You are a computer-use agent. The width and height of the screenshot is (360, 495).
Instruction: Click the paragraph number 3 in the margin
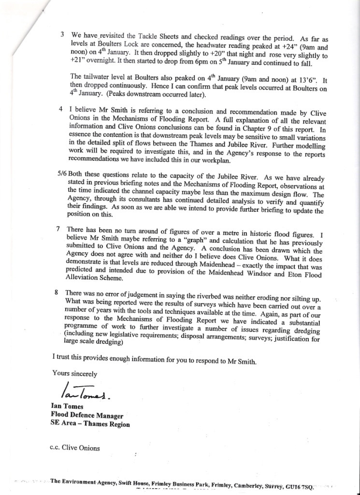tap(62, 35)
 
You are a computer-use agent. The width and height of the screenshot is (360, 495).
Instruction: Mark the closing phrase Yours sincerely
tap(74, 373)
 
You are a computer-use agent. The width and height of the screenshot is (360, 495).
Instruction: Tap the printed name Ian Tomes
tap(67, 407)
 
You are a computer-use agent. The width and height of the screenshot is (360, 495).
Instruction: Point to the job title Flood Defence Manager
tap(86, 415)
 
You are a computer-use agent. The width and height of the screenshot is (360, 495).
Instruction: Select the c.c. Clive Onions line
tap(74, 448)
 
